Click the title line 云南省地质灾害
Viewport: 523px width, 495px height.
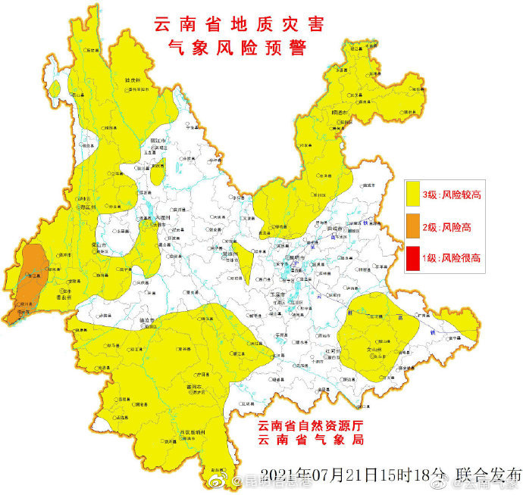(x=239, y=25)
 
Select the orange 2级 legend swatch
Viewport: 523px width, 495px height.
(x=413, y=226)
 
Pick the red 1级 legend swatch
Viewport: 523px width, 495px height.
(x=413, y=257)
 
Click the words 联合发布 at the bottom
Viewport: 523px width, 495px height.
(x=489, y=475)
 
